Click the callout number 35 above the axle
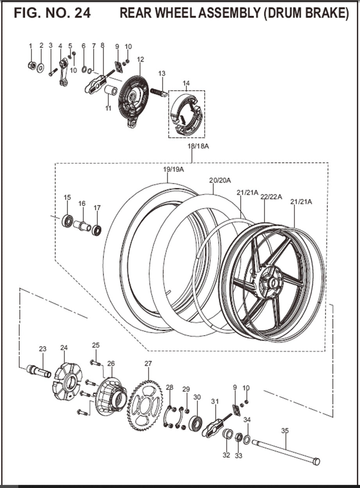pyautogui.click(x=285, y=431)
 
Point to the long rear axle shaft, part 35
pyautogui.click(x=285, y=452)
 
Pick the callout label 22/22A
pyautogui.click(x=271, y=197)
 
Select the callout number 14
pyautogui.click(x=186, y=83)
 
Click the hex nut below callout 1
pyautogui.click(x=32, y=65)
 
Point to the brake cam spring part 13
pyautogui.click(x=159, y=92)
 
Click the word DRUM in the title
pyautogui.click(x=283, y=13)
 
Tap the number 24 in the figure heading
pyautogui.click(x=82, y=13)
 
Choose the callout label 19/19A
pyautogui.click(x=173, y=169)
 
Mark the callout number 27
pyautogui.click(x=147, y=364)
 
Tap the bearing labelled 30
pyautogui.click(x=196, y=423)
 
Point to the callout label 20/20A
pyautogui.click(x=220, y=180)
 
